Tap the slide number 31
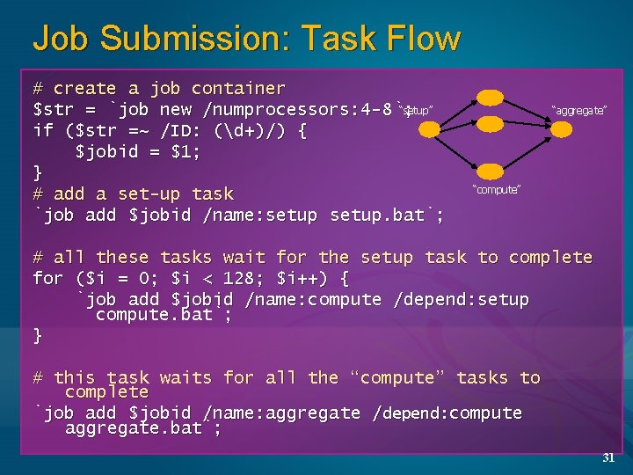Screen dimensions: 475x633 click(x=608, y=457)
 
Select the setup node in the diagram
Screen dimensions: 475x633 click(x=429, y=130)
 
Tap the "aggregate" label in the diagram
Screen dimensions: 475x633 click(x=578, y=110)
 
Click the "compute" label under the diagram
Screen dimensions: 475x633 click(x=497, y=189)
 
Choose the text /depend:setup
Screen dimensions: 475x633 click(x=461, y=300)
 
